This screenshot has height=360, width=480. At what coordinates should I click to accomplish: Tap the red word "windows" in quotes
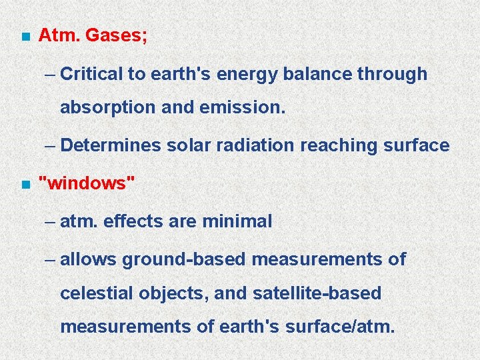pyautogui.click(x=87, y=183)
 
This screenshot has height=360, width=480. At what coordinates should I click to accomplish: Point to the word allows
pyautogui.click(x=88, y=259)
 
